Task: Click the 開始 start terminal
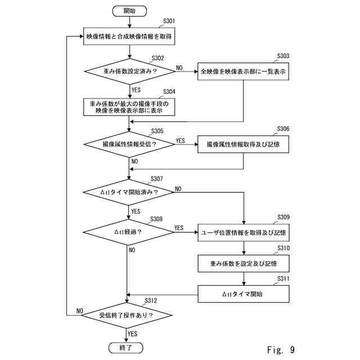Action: [129, 10]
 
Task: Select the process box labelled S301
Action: [129, 37]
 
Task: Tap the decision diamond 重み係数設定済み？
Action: [129, 71]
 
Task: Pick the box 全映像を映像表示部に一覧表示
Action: [243, 71]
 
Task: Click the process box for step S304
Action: [129, 107]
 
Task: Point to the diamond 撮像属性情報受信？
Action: [129, 144]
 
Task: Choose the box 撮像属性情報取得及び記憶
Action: [243, 144]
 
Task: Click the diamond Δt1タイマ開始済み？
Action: [129, 192]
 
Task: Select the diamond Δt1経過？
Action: [128, 232]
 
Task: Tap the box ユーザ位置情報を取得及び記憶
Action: [243, 232]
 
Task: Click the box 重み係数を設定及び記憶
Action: [243, 263]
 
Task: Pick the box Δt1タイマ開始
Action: [243, 294]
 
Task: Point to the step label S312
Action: [151, 300]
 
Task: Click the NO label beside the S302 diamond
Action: [179, 67]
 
